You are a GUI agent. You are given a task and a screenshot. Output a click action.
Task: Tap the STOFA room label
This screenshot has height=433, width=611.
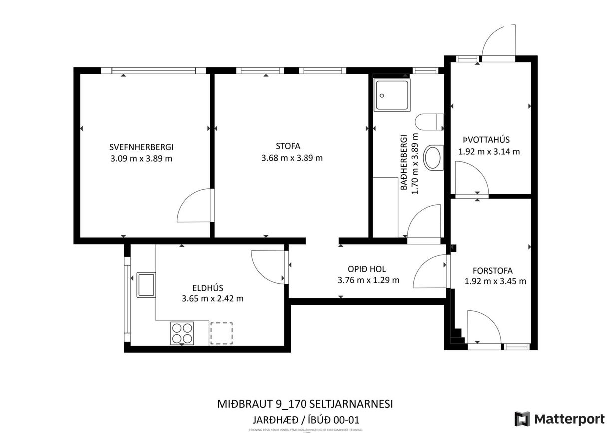[288, 146]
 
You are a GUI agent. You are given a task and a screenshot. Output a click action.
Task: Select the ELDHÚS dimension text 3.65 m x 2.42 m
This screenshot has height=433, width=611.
[212, 299]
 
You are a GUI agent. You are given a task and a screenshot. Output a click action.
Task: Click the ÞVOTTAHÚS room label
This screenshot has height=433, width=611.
[489, 140]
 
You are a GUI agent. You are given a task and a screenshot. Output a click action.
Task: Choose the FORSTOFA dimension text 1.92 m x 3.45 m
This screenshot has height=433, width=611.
[495, 281]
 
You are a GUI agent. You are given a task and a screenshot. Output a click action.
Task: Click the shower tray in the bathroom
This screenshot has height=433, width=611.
[393, 95]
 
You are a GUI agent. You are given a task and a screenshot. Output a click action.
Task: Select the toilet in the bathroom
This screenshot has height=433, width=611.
[429, 121]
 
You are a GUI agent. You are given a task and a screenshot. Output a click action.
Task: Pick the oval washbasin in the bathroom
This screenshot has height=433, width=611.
[433, 157]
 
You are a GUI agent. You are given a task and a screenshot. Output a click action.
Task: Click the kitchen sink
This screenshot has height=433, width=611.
[146, 284]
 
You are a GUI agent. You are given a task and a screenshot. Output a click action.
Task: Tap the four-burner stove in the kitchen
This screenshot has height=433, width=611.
[182, 333]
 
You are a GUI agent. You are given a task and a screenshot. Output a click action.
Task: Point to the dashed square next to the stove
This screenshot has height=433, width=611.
[221, 333]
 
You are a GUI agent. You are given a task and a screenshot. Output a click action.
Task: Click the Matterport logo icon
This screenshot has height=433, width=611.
[522, 419]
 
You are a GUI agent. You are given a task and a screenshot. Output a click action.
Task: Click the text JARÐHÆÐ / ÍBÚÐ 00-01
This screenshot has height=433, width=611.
[305, 419]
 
